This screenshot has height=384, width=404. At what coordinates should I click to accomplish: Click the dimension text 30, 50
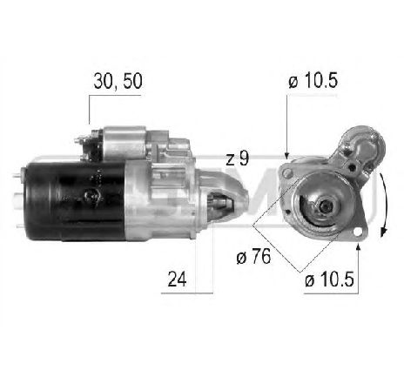116,83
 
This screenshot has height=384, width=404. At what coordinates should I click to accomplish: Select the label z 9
236,159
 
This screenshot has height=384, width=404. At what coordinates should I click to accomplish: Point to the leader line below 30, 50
91,111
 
